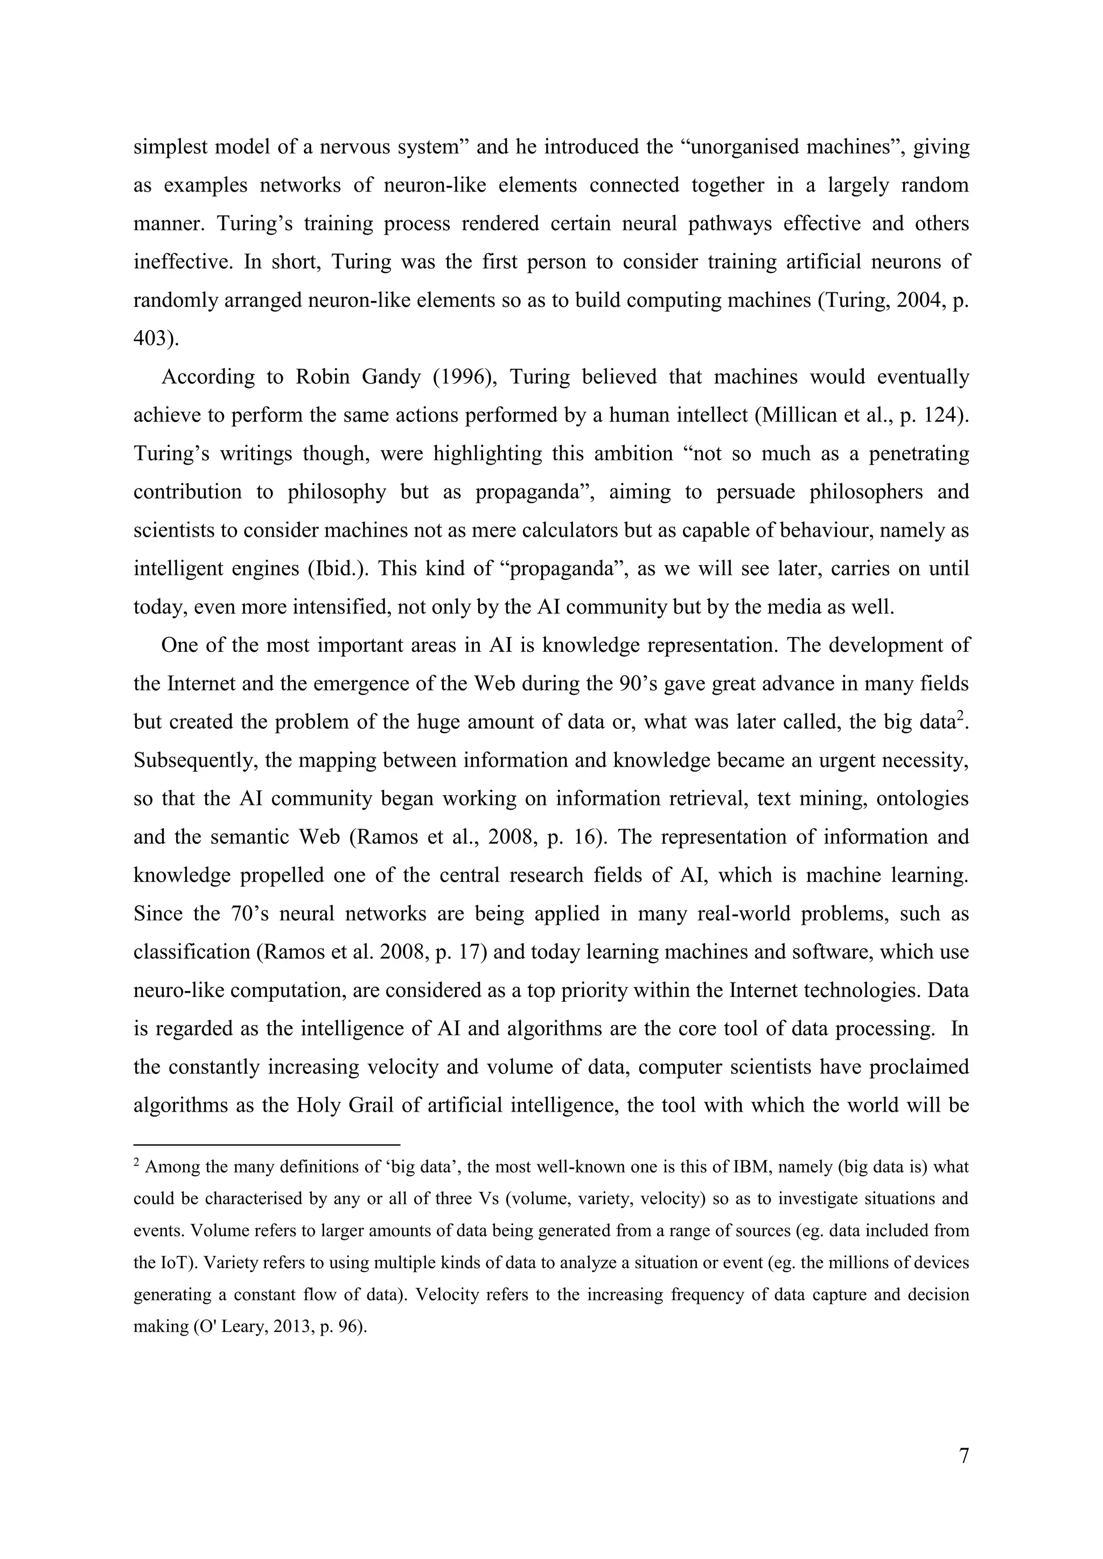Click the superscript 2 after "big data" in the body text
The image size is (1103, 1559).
coord(961,717)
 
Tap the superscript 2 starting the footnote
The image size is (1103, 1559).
coord(136,1164)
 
